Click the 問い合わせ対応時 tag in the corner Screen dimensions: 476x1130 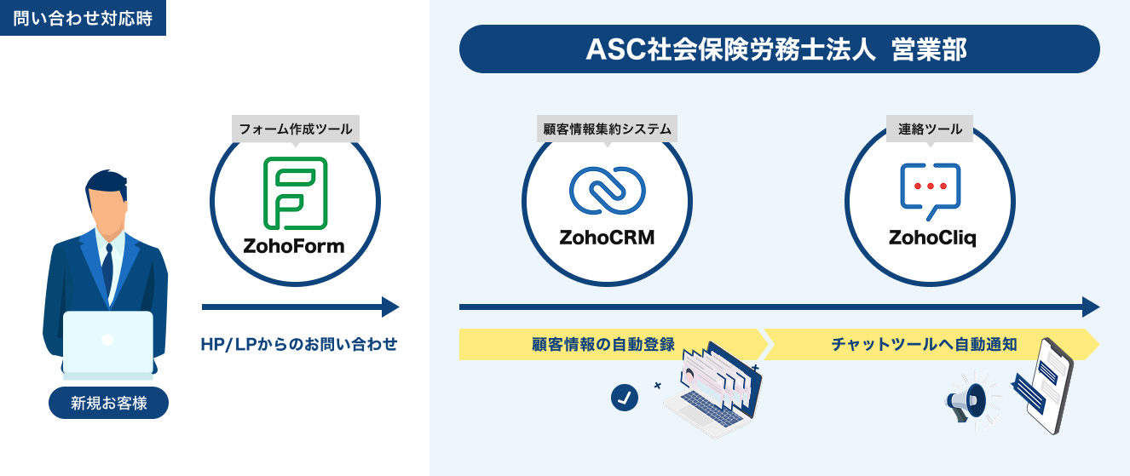(x=83, y=18)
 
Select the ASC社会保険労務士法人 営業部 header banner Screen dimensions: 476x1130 (x=779, y=49)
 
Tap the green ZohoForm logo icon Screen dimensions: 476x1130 (x=294, y=193)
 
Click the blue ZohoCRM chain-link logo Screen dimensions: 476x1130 (x=607, y=190)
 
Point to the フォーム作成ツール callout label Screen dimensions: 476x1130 (x=295, y=129)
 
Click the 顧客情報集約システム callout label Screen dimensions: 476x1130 (x=607, y=129)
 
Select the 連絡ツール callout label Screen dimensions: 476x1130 (x=930, y=129)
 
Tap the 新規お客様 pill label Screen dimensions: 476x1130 (x=108, y=403)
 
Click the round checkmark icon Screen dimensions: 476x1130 (x=625, y=397)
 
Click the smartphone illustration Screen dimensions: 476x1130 (x=1047, y=387)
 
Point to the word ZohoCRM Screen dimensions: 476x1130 (x=607, y=238)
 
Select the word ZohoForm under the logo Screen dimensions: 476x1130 (x=294, y=247)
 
